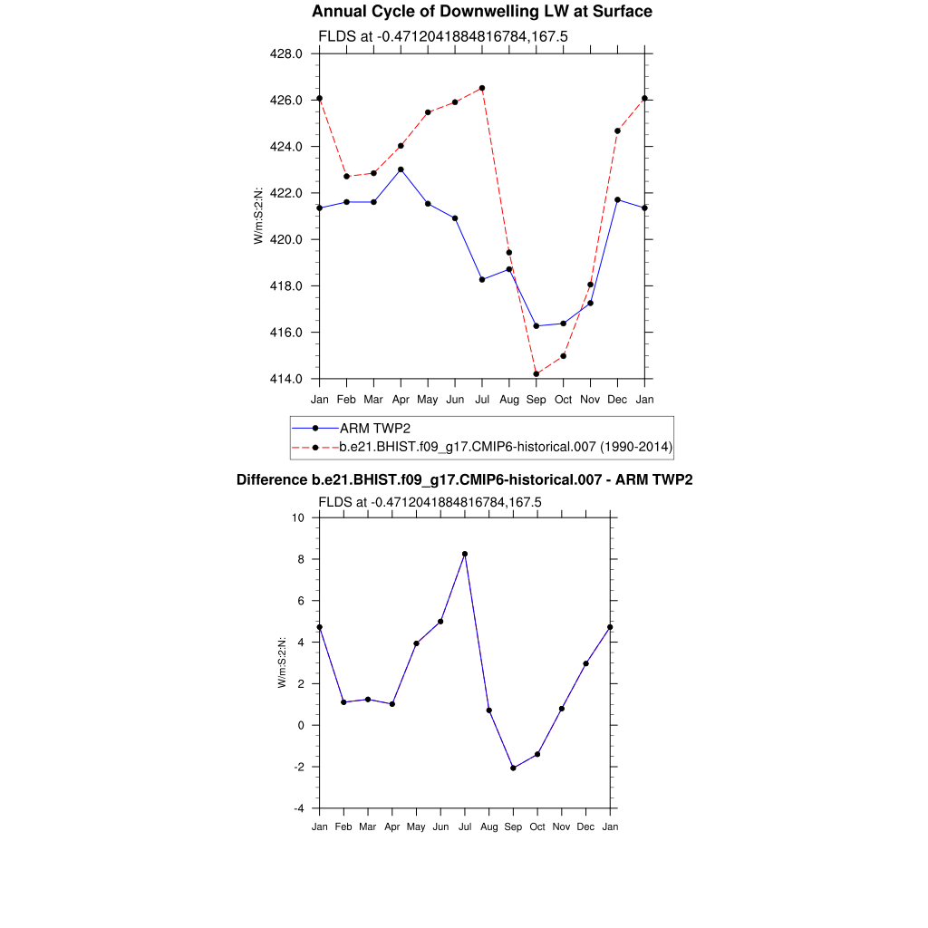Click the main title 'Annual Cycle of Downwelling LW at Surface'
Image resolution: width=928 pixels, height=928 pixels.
point(481,12)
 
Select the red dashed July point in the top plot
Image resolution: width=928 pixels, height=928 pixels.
point(482,88)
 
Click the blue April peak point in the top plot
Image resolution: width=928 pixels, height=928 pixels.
point(401,169)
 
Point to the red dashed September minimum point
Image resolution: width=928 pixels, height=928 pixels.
point(536,373)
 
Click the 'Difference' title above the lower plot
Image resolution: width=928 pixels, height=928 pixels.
point(464,479)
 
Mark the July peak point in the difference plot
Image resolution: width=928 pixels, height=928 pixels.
point(465,554)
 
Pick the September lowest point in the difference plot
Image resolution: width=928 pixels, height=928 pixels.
point(513,768)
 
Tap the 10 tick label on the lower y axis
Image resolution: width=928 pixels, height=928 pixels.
point(298,517)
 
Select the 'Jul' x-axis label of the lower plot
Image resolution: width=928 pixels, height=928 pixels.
point(465,827)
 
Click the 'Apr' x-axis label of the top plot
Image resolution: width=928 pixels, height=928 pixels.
point(401,399)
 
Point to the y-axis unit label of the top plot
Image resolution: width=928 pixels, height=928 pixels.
point(259,216)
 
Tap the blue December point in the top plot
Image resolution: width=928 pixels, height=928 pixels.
point(618,199)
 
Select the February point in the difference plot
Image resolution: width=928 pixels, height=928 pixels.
point(343,702)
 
